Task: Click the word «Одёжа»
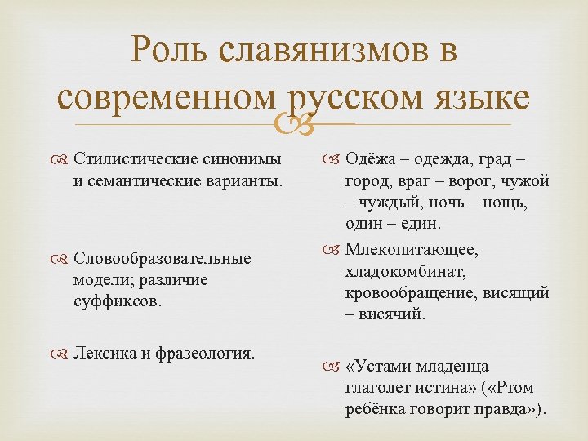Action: (372, 158)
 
